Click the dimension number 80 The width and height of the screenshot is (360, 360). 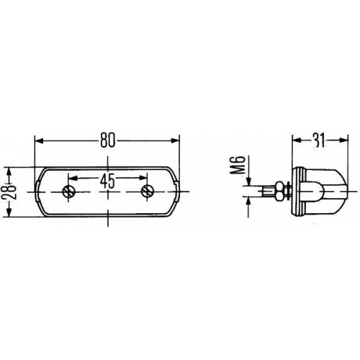click(108, 140)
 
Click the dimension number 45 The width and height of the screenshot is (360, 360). click(107, 181)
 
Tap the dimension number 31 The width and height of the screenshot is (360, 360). click(320, 140)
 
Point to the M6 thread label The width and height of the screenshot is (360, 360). click(238, 164)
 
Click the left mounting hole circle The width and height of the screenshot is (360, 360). click(69, 192)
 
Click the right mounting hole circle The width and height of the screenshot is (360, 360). click(147, 192)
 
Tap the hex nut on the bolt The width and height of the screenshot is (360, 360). click(279, 192)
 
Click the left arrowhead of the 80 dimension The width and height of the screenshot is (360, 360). click(39, 140)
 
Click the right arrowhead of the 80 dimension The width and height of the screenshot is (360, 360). click(175, 140)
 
